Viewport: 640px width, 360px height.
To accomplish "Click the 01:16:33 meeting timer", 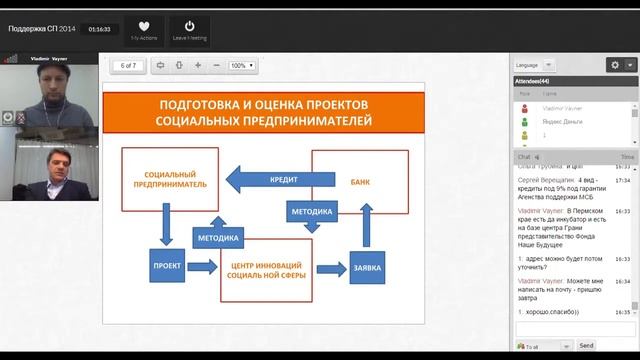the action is click(99, 29).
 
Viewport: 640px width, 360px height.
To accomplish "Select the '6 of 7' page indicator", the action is click(128, 65).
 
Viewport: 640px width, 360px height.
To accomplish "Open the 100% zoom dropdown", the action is click(241, 65).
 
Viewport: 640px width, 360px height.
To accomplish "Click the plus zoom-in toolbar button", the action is click(197, 65).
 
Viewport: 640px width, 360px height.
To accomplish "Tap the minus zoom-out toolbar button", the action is click(216, 65).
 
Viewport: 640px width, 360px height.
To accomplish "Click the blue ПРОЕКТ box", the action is click(166, 267).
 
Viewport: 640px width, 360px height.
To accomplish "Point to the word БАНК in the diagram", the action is click(360, 183).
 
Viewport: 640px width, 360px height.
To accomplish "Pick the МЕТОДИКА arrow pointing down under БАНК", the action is click(313, 214).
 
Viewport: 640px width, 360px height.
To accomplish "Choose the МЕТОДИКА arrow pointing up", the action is click(217, 237).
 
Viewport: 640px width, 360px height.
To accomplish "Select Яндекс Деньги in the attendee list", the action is click(561, 119).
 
